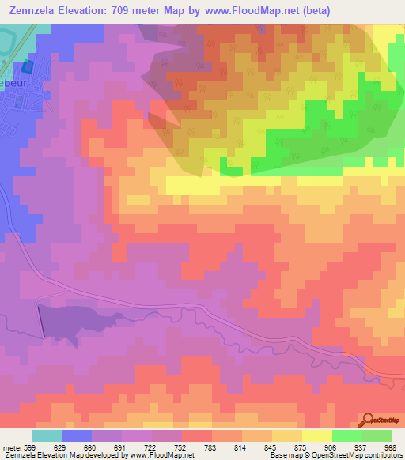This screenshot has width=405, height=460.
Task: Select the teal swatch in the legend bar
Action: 47,435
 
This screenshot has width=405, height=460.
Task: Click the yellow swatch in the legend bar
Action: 316,435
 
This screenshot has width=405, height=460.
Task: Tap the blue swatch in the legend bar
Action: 77,435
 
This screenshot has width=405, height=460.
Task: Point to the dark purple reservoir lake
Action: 63,322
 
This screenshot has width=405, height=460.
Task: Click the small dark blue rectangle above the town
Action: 29,70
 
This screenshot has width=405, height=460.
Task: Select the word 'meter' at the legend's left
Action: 11,447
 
